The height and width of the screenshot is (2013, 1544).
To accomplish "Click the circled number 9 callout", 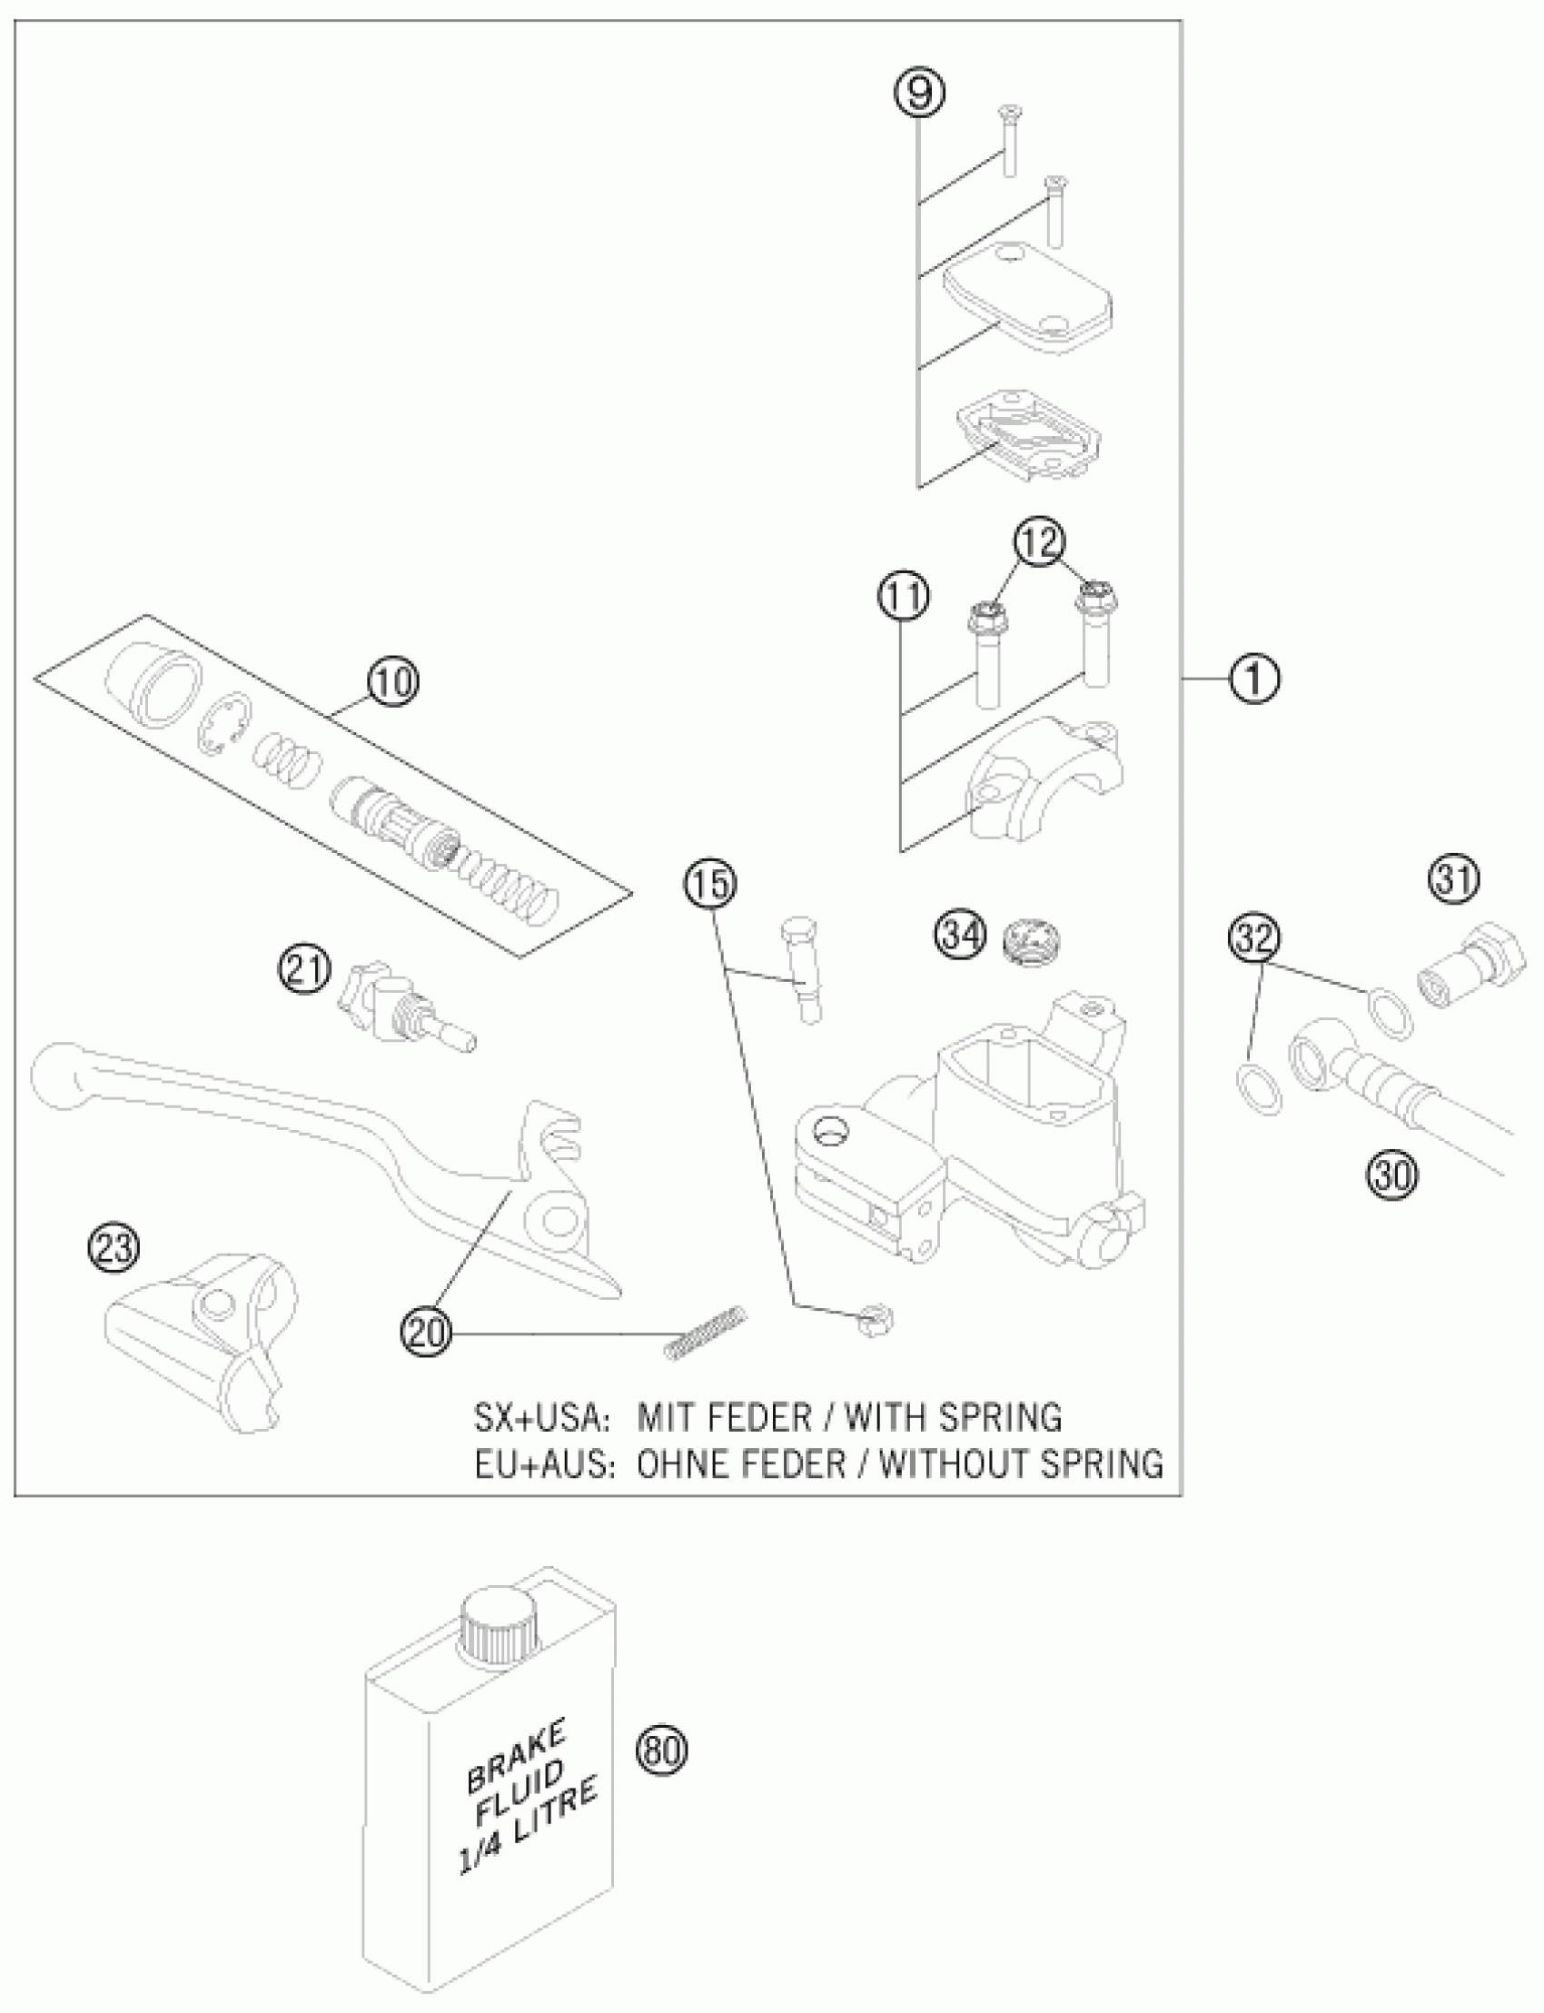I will [x=920, y=93].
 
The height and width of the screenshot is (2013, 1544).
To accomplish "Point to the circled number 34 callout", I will [x=960, y=936].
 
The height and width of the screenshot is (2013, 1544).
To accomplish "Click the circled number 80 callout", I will [x=662, y=1751].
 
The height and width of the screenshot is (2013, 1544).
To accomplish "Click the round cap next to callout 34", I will [x=1028, y=940].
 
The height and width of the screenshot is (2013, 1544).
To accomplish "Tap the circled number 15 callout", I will [x=709, y=884].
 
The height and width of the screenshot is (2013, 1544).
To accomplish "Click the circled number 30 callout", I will [x=1393, y=1175].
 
